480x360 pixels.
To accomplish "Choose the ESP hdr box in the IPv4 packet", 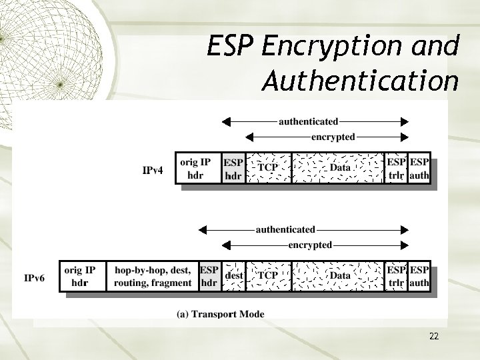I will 233,169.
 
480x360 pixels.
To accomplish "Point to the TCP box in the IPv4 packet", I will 269,169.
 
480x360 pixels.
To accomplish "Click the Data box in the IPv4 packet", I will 339,169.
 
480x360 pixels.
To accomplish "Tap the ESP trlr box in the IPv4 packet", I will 397,169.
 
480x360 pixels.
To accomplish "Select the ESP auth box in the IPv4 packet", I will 419,169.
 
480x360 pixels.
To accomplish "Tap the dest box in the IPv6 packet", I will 233,275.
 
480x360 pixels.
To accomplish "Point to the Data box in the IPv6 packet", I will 339,276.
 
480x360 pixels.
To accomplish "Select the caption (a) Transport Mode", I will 220,314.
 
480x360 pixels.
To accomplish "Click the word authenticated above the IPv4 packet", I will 307,122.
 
